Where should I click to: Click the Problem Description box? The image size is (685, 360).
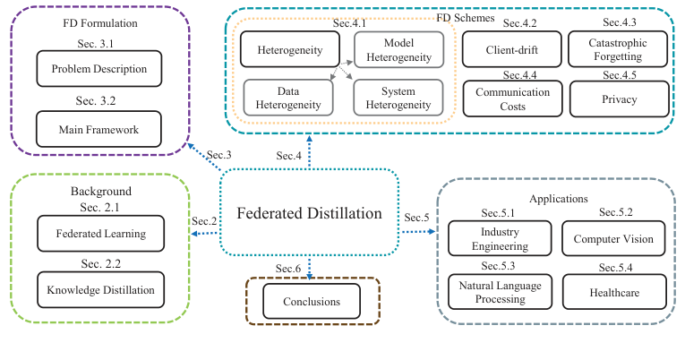tap(98, 68)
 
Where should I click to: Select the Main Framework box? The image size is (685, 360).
tap(98, 129)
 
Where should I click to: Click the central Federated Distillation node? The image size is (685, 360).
tap(308, 213)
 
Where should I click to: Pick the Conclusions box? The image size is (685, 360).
tap(312, 301)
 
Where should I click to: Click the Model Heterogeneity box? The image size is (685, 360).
tap(398, 50)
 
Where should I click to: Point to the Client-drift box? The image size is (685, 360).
tap(511, 50)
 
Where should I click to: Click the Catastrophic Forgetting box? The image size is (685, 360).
tap(617, 50)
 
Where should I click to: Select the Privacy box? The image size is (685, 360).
tap(617, 99)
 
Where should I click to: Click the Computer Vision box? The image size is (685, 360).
tap(613, 239)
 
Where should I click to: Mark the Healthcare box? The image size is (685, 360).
tap(613, 292)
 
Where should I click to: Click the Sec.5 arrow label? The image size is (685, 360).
tap(417, 218)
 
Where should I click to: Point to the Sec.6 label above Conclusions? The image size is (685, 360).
tap(288, 269)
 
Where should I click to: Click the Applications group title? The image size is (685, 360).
tap(558, 198)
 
